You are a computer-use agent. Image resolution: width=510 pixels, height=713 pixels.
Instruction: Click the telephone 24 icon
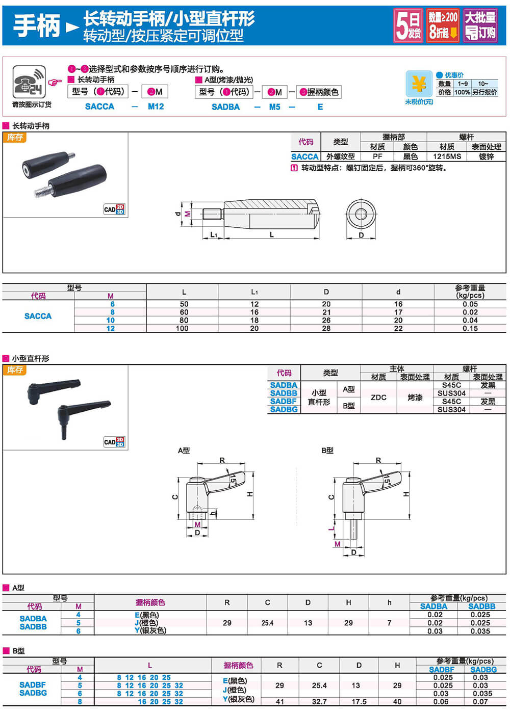point(29,82)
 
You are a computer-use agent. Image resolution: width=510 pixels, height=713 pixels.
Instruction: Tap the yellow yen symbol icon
point(419,84)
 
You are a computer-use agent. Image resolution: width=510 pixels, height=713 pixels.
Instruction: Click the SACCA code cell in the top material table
point(304,156)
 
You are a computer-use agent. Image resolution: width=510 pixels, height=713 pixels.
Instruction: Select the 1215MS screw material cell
point(447,156)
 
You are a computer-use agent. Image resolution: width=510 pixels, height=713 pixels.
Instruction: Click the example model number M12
point(156,107)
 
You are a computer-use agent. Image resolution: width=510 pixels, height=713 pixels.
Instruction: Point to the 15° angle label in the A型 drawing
point(233,479)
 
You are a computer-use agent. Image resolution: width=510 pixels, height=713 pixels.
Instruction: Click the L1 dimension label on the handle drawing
point(214,235)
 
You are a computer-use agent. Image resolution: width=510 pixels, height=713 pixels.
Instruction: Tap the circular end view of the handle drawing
point(361,214)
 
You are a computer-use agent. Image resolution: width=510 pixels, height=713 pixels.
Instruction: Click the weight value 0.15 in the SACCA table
point(470,329)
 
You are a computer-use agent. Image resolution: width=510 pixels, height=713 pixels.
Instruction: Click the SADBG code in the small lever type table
point(284,409)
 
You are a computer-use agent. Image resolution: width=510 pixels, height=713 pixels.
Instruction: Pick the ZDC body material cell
point(378,397)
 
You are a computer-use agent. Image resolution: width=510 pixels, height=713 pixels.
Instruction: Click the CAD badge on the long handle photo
point(114,209)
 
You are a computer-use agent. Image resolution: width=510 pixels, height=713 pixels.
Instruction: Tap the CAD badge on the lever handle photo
point(114,442)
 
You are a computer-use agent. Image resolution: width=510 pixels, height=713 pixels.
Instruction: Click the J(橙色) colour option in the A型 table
point(146,623)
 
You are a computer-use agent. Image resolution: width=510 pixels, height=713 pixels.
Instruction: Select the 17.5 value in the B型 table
point(359,702)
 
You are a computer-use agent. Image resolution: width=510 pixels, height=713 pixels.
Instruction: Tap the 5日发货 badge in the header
point(409,25)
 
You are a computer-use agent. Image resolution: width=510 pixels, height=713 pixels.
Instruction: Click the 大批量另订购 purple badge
point(480,25)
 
